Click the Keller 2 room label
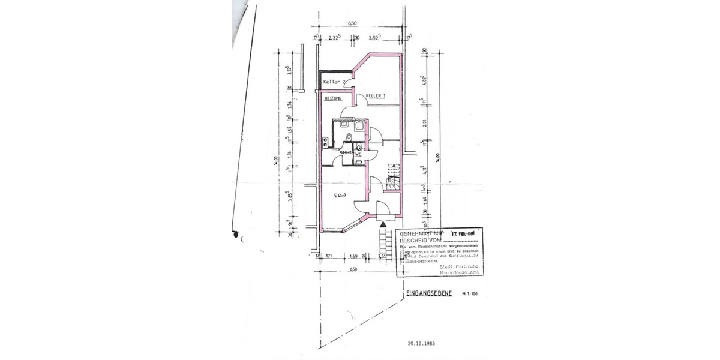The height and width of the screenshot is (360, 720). (334, 82)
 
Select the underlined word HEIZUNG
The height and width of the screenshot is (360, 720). (332, 98)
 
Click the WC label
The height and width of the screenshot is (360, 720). (358, 155)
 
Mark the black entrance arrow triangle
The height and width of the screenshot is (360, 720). (383, 224)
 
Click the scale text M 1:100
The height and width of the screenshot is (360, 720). (471, 295)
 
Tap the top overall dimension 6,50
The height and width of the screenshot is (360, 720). (352, 23)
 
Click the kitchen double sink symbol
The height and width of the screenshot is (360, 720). (325, 142)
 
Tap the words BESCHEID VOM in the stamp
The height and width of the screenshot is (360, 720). (418, 239)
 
